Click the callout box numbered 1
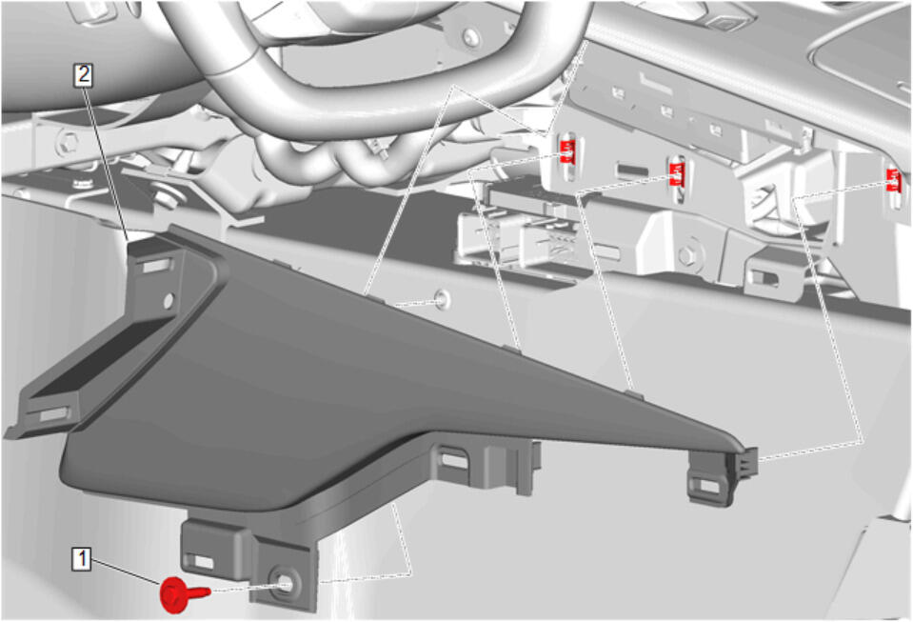point(82,559)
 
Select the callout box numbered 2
point(83,75)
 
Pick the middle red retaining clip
point(677,174)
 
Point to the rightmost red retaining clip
point(893,180)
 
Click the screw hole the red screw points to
point(285,584)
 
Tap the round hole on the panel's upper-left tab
point(169,300)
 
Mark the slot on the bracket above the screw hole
point(202,561)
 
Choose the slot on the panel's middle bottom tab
point(453,460)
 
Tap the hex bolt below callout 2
point(69,141)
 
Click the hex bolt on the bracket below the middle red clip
point(687,256)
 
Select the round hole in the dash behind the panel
point(443,299)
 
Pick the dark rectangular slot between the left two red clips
point(633,171)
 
